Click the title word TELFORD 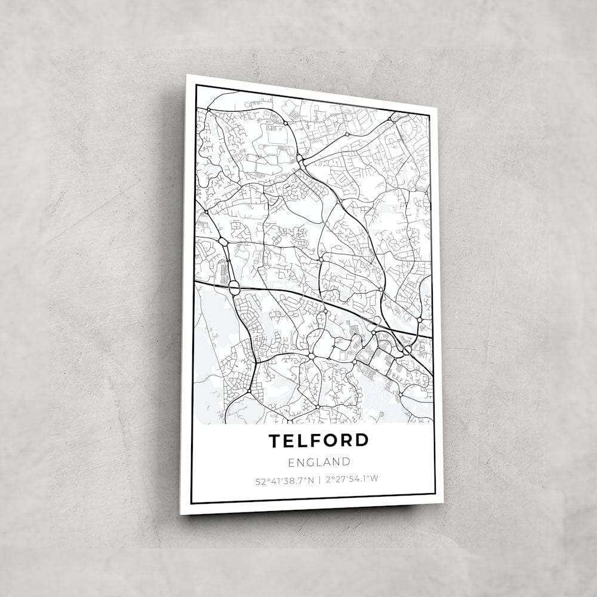[318, 441]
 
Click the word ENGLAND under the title [318, 461]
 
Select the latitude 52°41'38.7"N [284, 478]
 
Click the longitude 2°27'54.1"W [353, 479]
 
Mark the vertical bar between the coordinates [319, 479]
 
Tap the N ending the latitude [310, 478]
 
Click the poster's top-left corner [187, 75]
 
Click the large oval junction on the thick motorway [234, 288]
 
